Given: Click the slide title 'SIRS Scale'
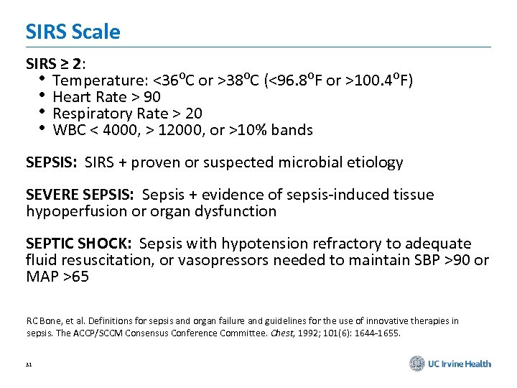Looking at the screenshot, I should point(73,32).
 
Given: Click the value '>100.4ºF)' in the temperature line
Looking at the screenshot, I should point(381,79).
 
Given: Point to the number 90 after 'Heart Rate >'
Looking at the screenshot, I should point(152,96).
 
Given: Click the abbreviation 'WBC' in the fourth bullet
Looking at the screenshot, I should point(70,130).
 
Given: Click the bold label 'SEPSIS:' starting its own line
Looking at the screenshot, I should point(51,162).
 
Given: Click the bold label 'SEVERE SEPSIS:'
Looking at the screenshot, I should point(80,195).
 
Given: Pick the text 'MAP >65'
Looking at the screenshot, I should point(57,277).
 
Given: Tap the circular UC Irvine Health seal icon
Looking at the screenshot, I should point(417,364).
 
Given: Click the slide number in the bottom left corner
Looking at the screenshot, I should point(29,365).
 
